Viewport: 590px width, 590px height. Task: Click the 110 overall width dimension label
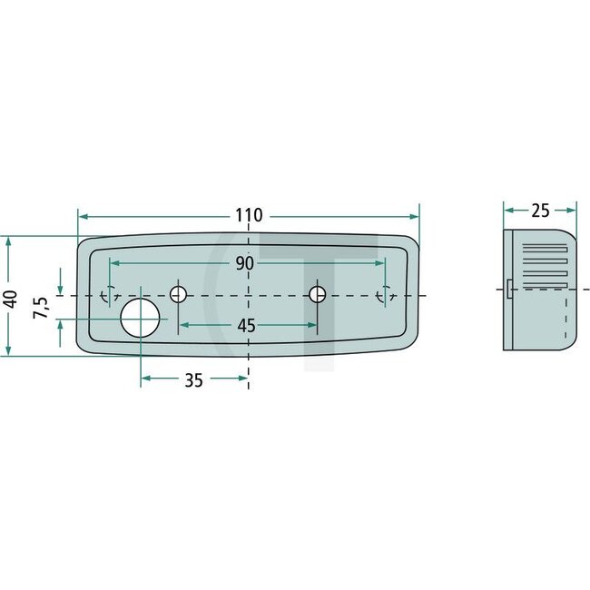(x=248, y=216)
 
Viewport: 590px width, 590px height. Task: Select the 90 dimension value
(x=244, y=263)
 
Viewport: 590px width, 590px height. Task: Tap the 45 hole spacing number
(x=247, y=325)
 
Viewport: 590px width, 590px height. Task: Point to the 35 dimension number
(x=193, y=380)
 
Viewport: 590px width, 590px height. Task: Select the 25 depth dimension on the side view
(x=540, y=211)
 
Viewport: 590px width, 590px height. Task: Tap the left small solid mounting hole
(x=179, y=294)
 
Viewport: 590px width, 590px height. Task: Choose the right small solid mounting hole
(x=317, y=294)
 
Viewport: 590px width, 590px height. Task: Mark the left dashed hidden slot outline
(x=110, y=294)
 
